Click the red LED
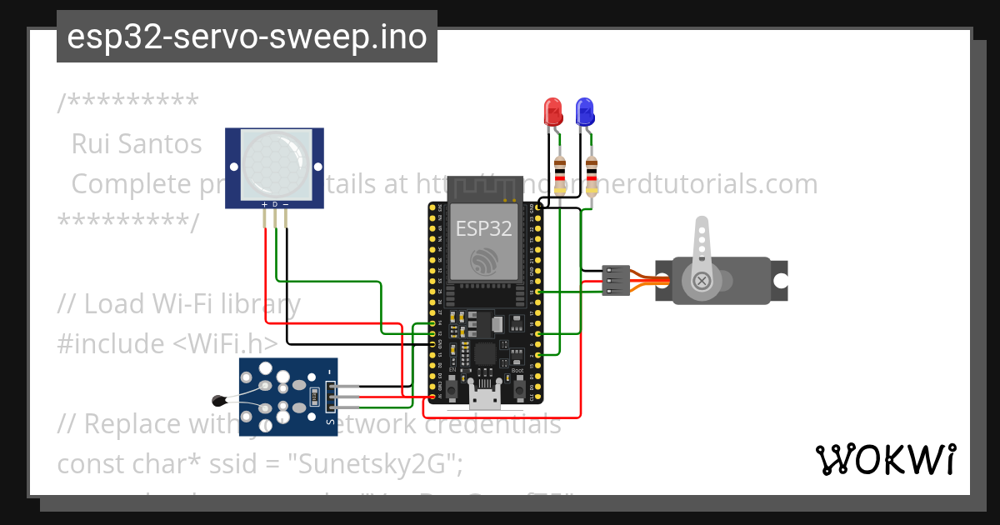pyautogui.click(x=552, y=111)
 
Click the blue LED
pyautogui.click(x=585, y=111)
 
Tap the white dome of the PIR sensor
pyautogui.click(x=274, y=164)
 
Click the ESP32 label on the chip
pyautogui.click(x=483, y=228)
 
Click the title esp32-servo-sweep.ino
pyautogui.click(x=247, y=37)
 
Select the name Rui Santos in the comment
pyautogui.click(x=137, y=143)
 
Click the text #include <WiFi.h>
pyautogui.click(x=167, y=343)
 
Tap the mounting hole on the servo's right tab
pyautogui.click(x=779, y=281)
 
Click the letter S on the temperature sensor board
pyautogui.click(x=330, y=422)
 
